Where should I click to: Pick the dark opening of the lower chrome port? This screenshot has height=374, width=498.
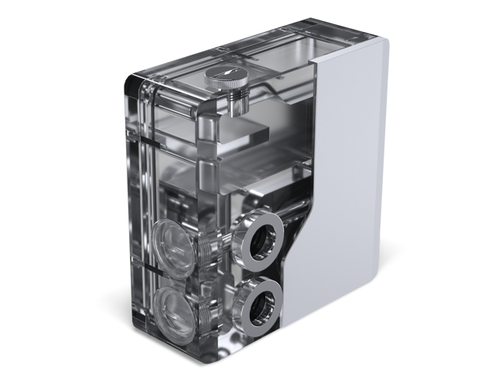[260, 307]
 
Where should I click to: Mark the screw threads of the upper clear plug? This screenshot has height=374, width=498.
[206, 248]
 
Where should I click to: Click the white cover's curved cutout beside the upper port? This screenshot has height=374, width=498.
[299, 234]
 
